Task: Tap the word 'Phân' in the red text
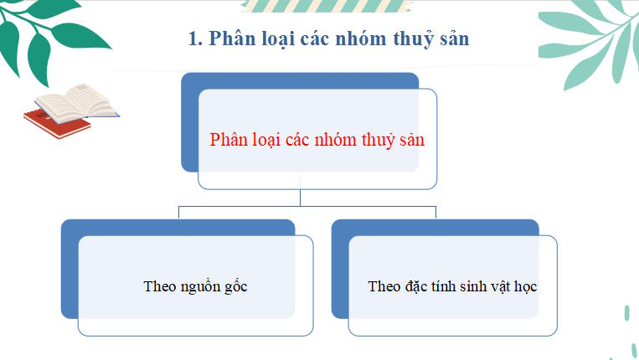click(229, 140)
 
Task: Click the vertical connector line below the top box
click(300, 198)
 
